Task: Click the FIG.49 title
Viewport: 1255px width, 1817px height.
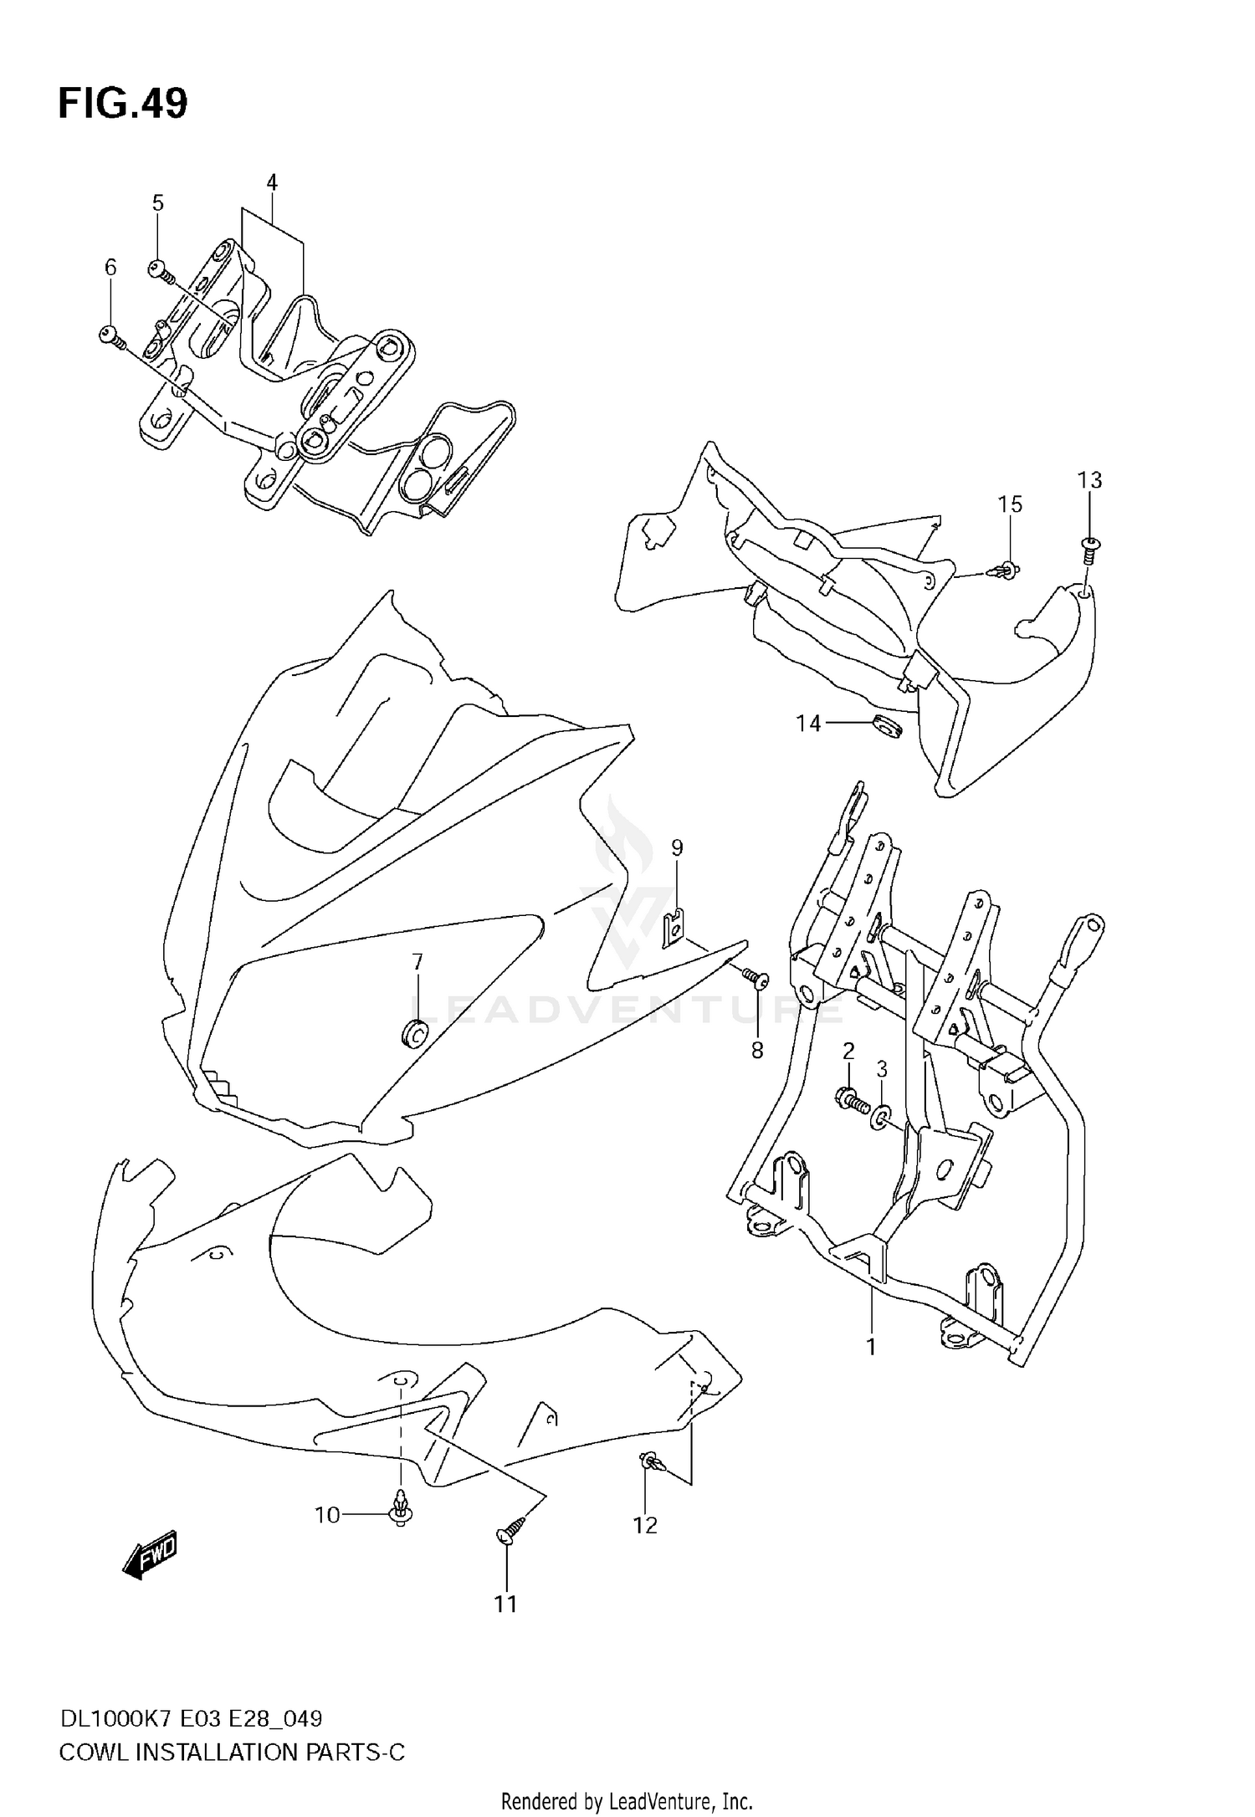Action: [123, 105]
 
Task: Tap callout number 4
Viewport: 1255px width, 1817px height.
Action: [271, 182]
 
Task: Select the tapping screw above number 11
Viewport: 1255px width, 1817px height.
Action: [510, 1530]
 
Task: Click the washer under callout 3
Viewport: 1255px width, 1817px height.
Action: [881, 1118]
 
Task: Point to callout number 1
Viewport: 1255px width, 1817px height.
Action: [871, 1347]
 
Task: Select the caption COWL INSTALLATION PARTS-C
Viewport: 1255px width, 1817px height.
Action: [231, 1752]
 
